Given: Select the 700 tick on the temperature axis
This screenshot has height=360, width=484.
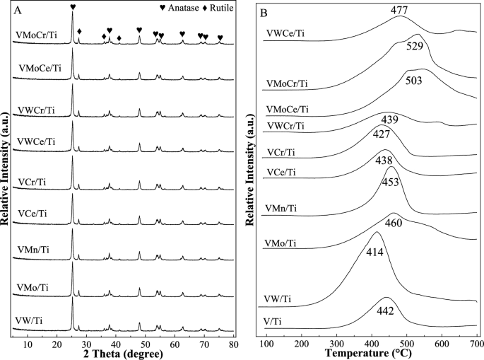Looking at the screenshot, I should pyautogui.click(x=476, y=343).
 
